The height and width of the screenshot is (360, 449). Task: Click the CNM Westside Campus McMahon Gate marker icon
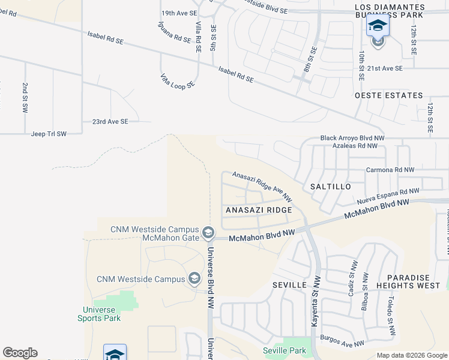(x=208, y=232)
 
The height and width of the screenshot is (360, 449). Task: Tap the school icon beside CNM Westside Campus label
(x=194, y=278)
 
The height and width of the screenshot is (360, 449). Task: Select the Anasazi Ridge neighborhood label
(x=259, y=210)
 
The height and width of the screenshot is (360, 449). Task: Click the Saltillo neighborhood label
(x=331, y=187)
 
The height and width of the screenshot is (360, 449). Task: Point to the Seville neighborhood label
(x=290, y=284)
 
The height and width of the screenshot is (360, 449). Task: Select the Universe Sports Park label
(x=99, y=314)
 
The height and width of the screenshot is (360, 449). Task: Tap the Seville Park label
(x=285, y=350)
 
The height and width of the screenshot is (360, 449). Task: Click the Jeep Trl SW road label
(x=49, y=134)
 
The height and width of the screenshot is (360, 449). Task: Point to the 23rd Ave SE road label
(x=110, y=121)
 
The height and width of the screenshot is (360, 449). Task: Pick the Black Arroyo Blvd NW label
(x=352, y=138)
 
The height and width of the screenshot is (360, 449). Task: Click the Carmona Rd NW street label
(x=390, y=170)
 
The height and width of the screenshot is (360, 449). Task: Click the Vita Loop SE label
(x=177, y=80)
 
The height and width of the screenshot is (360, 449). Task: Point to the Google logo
(x=20, y=353)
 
